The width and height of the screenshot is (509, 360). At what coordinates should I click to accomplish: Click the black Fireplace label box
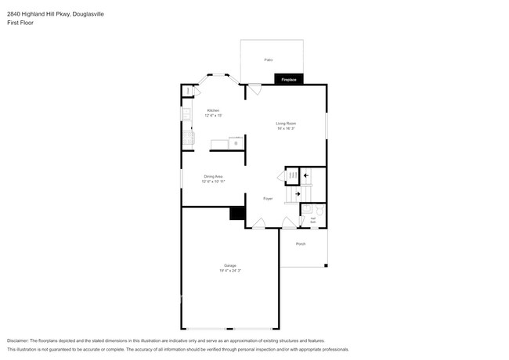click(288, 80)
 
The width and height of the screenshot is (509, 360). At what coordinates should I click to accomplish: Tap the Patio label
click(268, 59)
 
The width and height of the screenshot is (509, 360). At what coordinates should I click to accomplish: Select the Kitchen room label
click(213, 110)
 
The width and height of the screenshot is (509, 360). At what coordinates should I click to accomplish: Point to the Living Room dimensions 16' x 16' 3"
click(285, 129)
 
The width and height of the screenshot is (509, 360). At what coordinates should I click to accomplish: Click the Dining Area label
click(214, 176)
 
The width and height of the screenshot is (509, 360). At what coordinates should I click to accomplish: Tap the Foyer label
click(267, 199)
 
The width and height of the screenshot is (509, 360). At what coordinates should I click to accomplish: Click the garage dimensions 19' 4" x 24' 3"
click(229, 270)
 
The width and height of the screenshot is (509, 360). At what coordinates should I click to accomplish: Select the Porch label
click(301, 244)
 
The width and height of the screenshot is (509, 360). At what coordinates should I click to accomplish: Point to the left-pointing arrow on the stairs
click(307, 176)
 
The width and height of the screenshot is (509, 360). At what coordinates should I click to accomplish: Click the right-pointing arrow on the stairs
click(297, 193)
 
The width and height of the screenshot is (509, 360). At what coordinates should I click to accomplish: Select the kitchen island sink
click(234, 144)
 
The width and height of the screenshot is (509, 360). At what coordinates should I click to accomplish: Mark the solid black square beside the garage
click(234, 214)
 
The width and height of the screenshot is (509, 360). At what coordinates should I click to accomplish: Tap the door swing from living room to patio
click(255, 89)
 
